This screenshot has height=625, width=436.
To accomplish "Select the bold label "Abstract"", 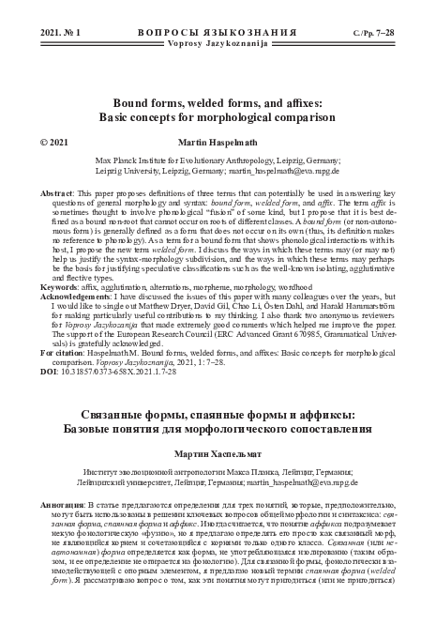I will click(x=56, y=191).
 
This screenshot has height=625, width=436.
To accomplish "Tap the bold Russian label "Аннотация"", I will click(x=63, y=505).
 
